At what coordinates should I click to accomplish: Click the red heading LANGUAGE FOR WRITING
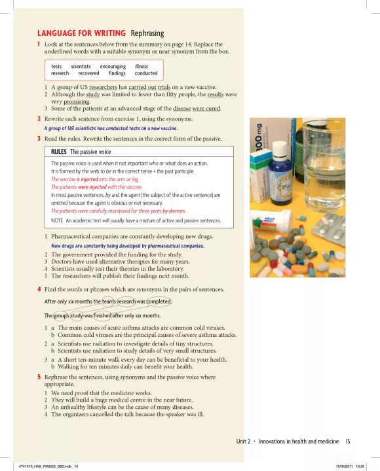tap(81, 33)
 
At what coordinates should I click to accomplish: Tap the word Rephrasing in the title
tap(147, 33)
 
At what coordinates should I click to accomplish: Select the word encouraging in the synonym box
tap(113, 67)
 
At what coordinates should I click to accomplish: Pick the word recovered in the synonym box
tap(88, 73)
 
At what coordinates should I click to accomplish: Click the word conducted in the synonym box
tap(146, 73)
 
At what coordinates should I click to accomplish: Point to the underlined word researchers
tap(104, 88)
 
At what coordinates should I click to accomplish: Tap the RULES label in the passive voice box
tap(59, 152)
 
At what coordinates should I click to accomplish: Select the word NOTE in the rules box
tap(57, 220)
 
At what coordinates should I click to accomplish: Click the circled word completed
tap(159, 302)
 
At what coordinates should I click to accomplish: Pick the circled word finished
tap(102, 316)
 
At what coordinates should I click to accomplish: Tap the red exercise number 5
tap(39, 377)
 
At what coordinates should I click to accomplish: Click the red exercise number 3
tap(39, 139)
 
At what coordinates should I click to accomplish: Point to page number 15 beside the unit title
tap(348, 442)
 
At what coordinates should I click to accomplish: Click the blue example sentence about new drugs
tap(128, 246)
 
